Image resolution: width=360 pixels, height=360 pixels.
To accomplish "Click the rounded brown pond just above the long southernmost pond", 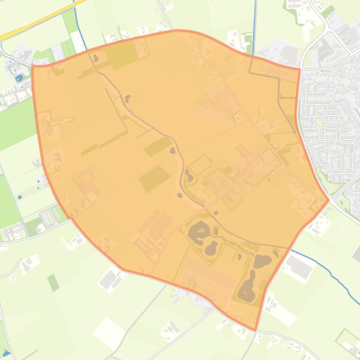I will (263, 261).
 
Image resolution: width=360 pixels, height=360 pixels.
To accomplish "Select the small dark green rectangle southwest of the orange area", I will (53, 282).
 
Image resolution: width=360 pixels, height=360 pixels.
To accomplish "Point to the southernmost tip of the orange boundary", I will (255, 330).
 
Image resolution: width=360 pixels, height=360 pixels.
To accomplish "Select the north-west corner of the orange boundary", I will (32, 66).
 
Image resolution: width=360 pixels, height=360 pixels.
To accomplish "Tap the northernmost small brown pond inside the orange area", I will (96, 58).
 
